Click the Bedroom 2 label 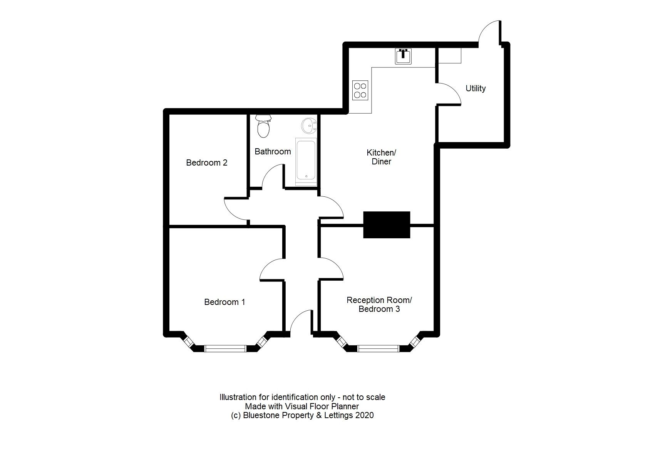[x=206, y=162]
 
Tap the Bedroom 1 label [x=224, y=302]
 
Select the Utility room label [x=476, y=88]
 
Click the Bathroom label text [x=273, y=151]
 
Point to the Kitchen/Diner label [x=381, y=157]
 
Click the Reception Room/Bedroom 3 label [x=379, y=304]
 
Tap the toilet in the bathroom [x=263, y=126]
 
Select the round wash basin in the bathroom [x=308, y=125]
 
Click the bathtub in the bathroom [x=306, y=162]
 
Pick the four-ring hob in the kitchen [x=360, y=90]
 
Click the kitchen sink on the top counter [x=403, y=56]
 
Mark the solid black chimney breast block [x=387, y=225]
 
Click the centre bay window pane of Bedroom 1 [x=225, y=349]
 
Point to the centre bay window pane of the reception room [x=378, y=349]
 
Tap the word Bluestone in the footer [x=261, y=415]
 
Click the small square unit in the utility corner [x=450, y=55]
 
